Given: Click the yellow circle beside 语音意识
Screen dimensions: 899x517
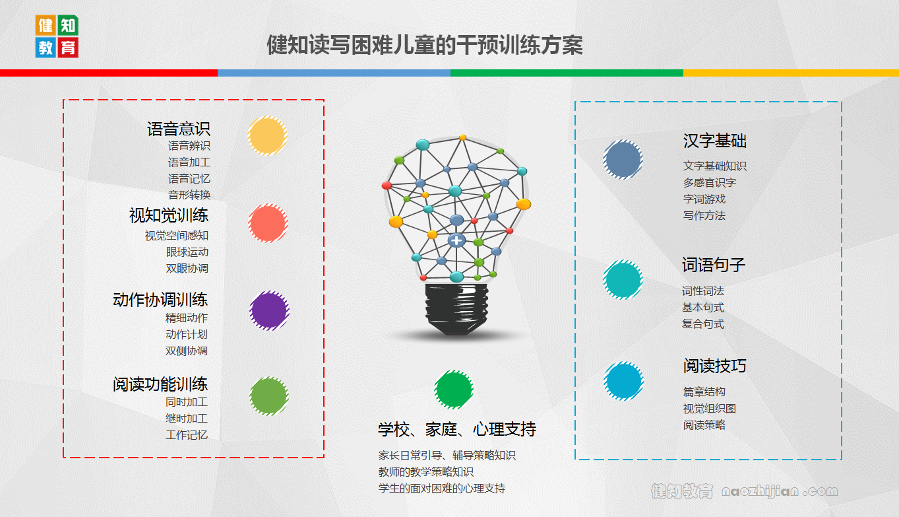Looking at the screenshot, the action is pyautogui.click(x=267, y=135).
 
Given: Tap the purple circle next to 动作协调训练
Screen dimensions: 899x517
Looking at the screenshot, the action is pyautogui.click(x=269, y=310).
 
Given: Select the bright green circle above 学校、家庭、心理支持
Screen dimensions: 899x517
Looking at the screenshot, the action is pyautogui.click(x=454, y=390).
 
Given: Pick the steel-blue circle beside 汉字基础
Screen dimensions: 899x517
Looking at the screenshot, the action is pyautogui.click(x=623, y=159).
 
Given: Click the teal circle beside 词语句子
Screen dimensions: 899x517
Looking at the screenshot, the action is pyautogui.click(x=623, y=279).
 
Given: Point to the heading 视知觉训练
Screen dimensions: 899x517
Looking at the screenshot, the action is pyautogui.click(x=169, y=215).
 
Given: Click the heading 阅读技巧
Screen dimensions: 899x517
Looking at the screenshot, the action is pyautogui.click(x=714, y=366).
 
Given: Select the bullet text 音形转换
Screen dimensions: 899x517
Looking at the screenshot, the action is pyautogui.click(x=189, y=195).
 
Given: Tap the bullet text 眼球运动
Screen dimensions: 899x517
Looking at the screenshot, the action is pyautogui.click(x=187, y=252).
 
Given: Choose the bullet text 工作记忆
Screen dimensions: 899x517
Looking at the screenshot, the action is pyautogui.click(x=187, y=434).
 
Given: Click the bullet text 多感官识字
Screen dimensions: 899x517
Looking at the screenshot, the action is pyautogui.click(x=710, y=182).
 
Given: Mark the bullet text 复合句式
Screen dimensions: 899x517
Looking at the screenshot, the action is pyautogui.click(x=702, y=324).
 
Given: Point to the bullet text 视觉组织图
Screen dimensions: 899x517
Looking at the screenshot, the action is pyautogui.click(x=710, y=409).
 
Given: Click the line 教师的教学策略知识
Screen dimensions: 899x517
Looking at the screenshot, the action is pyautogui.click(x=426, y=471).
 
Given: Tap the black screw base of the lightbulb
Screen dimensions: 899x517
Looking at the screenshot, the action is pyautogui.click(x=456, y=309).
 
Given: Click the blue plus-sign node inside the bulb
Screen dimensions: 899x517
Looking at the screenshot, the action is pyautogui.click(x=456, y=240).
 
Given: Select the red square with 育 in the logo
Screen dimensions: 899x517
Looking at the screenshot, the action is pyautogui.click(x=68, y=48).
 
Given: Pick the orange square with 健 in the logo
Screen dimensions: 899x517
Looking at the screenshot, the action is pyautogui.click(x=46, y=25).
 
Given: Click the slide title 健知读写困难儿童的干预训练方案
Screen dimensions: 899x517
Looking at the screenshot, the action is pyautogui.click(x=425, y=45).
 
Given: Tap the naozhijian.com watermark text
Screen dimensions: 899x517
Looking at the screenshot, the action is pyautogui.click(x=780, y=491).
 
